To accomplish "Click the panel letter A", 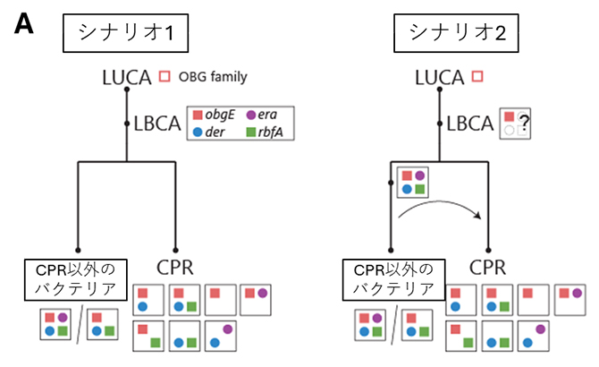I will pos(24,25).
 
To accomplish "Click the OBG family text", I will pos(213,78).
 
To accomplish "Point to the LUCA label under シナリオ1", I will pos(128,79).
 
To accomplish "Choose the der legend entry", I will pos(212,133).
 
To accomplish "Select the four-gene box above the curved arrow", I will pos(412,181).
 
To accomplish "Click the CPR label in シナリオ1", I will pos(174,268).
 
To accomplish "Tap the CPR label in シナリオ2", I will pos(489,268).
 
